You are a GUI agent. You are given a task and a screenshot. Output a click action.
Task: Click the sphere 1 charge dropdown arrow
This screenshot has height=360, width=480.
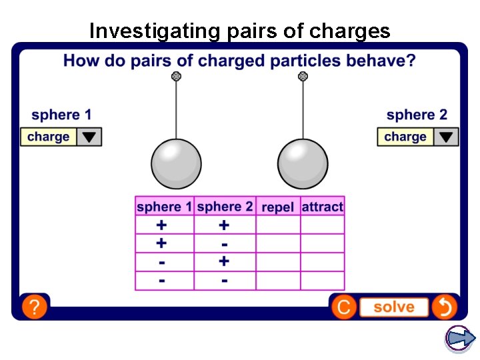(89, 137)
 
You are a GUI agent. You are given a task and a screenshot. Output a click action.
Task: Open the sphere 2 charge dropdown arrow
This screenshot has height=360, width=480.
(446, 137)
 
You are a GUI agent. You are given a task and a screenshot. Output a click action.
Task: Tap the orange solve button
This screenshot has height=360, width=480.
(393, 307)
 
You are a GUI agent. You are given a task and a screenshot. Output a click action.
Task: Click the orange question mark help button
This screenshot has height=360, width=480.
(34, 307)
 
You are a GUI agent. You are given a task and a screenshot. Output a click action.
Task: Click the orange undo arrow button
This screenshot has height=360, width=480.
(444, 307)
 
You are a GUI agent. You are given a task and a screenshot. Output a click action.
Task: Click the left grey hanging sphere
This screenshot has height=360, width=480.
(176, 163)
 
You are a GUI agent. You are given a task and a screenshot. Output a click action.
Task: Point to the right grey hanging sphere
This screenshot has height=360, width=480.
(303, 163)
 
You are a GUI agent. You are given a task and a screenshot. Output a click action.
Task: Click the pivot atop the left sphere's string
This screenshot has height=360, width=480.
(176, 77)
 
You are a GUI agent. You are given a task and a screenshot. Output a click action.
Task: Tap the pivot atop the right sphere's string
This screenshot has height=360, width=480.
(303, 77)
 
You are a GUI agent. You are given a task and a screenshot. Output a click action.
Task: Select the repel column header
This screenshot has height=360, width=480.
(278, 207)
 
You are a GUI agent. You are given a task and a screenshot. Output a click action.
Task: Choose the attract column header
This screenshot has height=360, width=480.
(323, 207)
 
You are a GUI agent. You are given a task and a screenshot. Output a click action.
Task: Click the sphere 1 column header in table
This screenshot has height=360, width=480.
(164, 207)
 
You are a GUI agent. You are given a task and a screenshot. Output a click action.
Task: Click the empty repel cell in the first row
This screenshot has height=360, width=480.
(278, 225)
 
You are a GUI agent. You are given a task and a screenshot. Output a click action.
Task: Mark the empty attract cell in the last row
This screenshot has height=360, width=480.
(323, 281)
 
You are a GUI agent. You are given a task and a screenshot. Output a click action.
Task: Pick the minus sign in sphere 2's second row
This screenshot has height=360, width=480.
(225, 245)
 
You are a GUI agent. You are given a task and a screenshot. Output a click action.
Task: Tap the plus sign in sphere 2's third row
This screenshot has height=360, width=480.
(225, 262)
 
